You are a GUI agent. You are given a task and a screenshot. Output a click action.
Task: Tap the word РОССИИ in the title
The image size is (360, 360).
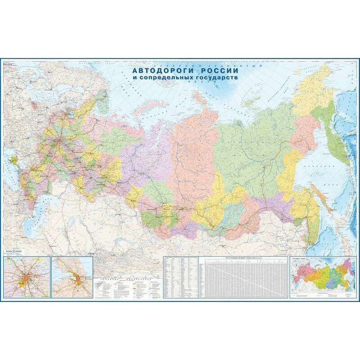click(211, 71)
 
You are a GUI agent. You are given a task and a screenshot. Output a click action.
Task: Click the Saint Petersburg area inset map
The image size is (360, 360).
click(72, 277)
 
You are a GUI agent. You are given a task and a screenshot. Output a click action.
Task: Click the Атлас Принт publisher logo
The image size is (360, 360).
click(12, 253)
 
